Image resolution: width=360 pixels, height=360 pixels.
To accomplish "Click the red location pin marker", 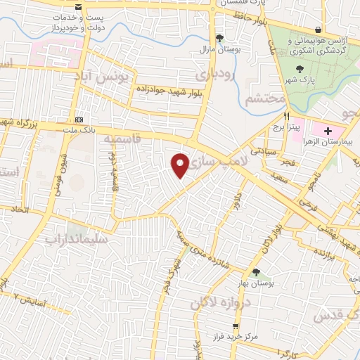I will pyautogui.click(x=181, y=165).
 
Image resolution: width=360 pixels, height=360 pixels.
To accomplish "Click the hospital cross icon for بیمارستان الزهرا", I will pyautogui.click(x=329, y=131).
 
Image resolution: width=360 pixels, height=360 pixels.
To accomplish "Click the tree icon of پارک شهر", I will pyautogui.click(x=301, y=69).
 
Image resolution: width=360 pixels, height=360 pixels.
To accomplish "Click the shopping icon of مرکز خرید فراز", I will pyautogui.click(x=236, y=326).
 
